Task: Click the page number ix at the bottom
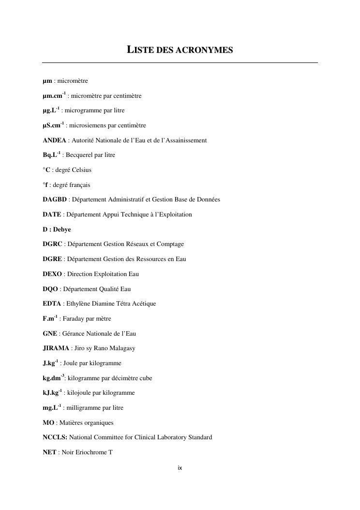pyautogui.click(x=180, y=468)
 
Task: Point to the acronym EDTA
pyautogui.click(x=52, y=304)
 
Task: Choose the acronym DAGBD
pyautogui.click(x=55, y=200)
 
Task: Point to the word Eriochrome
pyautogui.click(x=91, y=452)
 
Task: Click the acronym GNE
pyautogui.click(x=50, y=334)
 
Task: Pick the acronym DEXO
pyautogui.click(x=52, y=274)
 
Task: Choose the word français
pyautogui.click(x=80, y=185)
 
